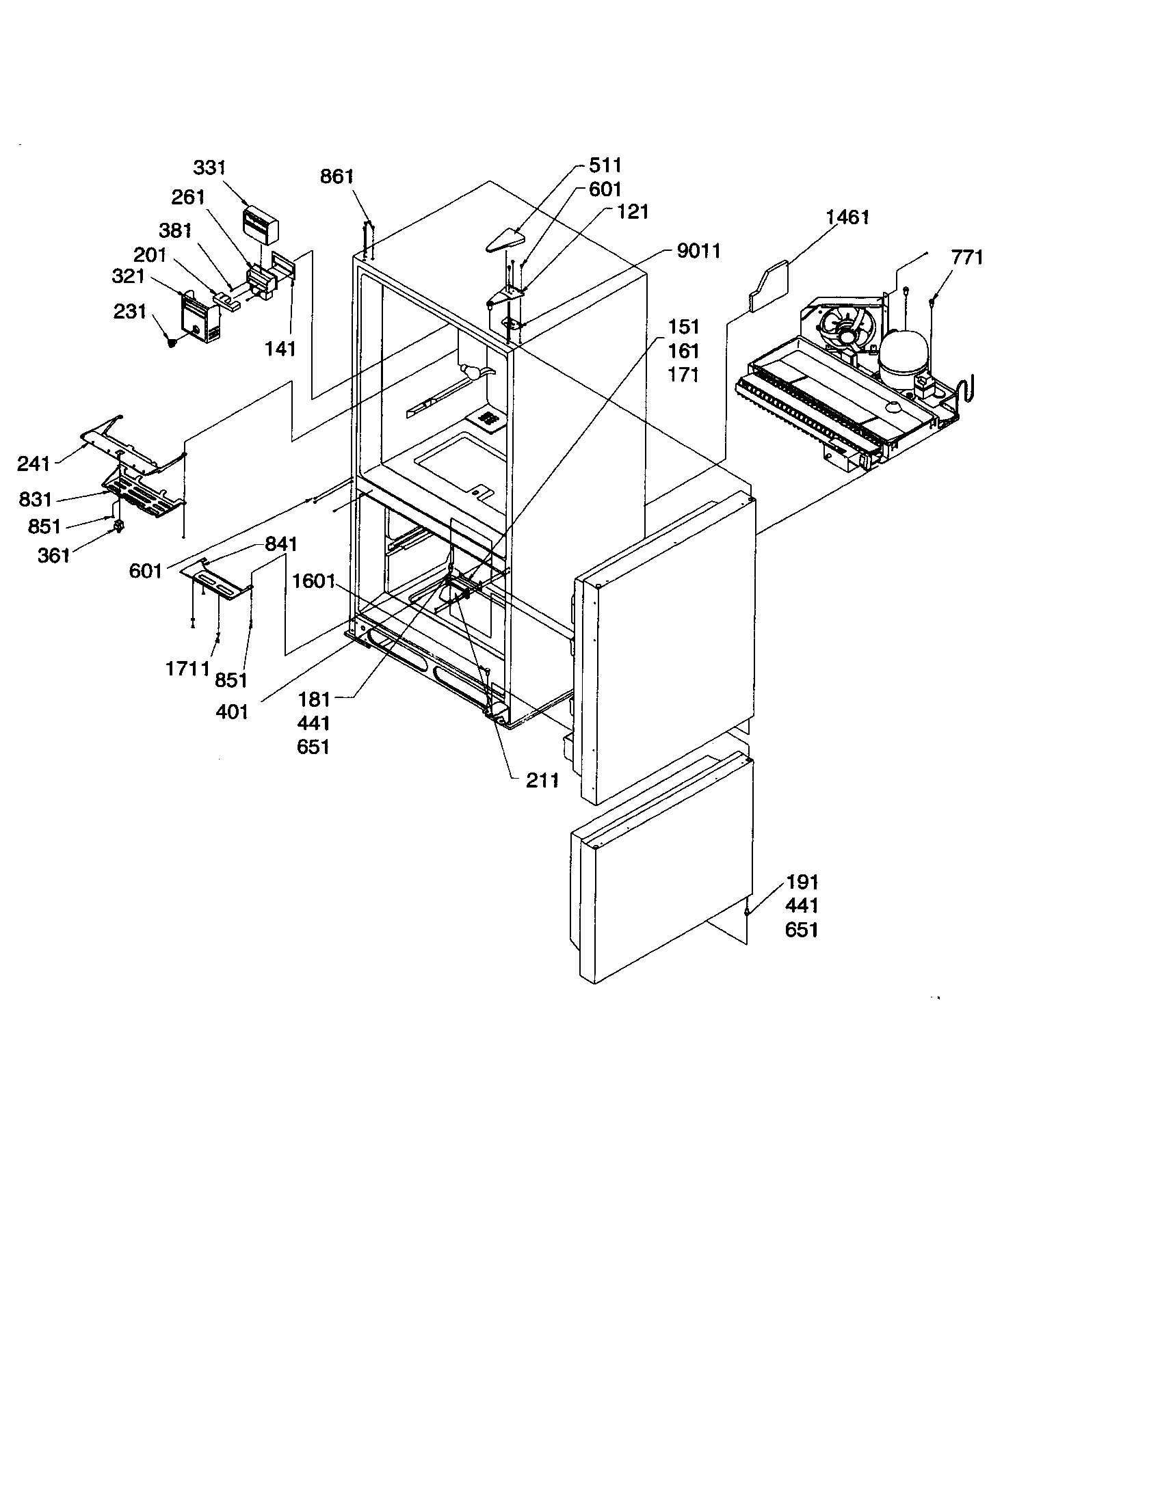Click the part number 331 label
coord(209,168)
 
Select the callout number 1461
coord(847,217)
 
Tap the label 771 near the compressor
coord(966,258)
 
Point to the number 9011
coord(698,252)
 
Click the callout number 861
coord(337,177)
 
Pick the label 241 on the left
coord(34,464)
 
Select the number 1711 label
coord(187,668)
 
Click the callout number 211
coord(542,780)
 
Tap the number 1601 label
coord(313,582)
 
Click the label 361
coord(54,555)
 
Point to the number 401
coord(231,712)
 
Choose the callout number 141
coord(280,349)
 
